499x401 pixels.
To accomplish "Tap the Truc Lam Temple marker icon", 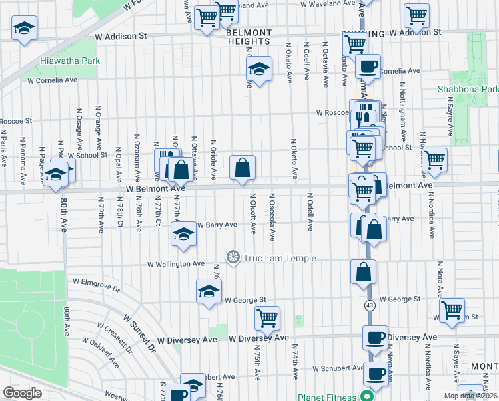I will [233, 257].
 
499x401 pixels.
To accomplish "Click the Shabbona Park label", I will [468, 89].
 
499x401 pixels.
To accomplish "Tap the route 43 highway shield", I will [369, 305].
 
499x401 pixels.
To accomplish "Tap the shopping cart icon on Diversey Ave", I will [267, 318].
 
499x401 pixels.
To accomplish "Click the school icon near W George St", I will [209, 291].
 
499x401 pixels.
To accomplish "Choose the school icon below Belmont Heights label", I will [259, 68].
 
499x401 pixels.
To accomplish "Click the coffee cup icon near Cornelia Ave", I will [368, 66].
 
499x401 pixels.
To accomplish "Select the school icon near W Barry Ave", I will [183, 233].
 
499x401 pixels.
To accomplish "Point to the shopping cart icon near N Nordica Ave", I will [434, 160].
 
